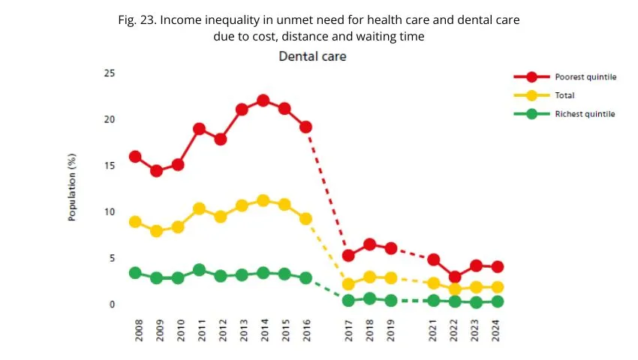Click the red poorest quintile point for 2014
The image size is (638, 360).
pos(263,100)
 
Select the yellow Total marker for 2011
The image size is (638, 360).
pos(199,209)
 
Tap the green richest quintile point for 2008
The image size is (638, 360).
pos(135,273)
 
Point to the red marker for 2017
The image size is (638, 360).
pos(348,256)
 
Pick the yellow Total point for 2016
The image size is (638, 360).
pos(305,219)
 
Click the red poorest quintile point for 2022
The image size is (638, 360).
pos(455,277)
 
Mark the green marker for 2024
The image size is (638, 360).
pos(497,301)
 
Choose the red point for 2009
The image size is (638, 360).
pos(156,171)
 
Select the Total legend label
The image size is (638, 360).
pos(564,96)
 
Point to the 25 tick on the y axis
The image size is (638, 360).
pos(110,73)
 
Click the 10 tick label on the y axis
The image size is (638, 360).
pos(110,212)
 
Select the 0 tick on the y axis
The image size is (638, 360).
pos(112,304)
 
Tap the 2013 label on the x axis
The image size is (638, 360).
pos(242,330)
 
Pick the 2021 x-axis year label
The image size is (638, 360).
pos(434,330)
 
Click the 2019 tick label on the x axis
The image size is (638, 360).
pos(391,330)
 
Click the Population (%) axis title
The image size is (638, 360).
pos(73,193)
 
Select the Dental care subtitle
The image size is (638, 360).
pos(312,56)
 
